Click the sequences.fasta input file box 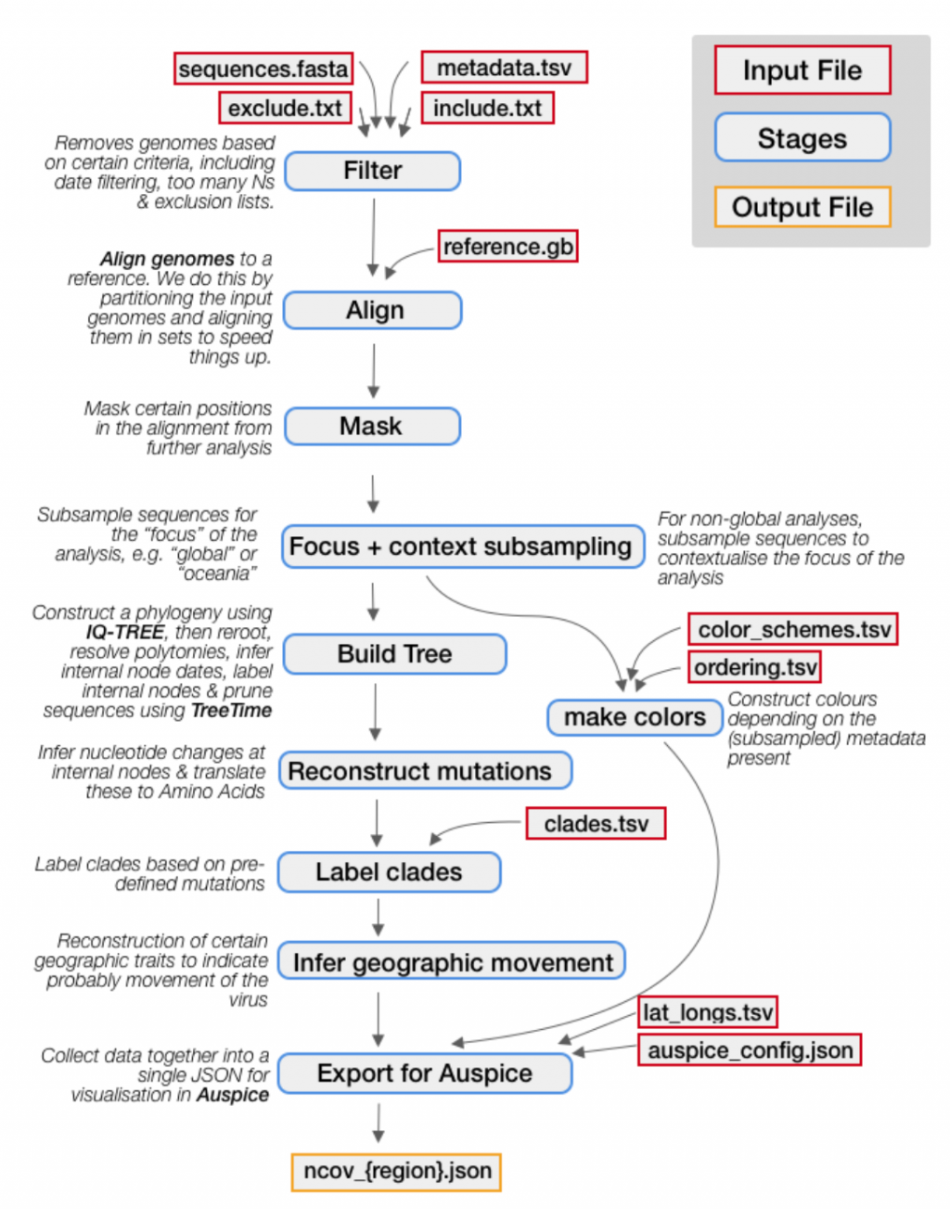coord(263,70)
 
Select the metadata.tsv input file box coord(504,68)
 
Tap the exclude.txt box coord(285,109)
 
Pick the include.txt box coord(487,109)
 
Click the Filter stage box coord(372,171)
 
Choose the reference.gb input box coord(507,247)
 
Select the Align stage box coord(373,310)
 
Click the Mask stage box coord(371,426)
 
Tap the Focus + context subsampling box coord(461,547)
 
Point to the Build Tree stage coord(394,654)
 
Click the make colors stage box coord(635,717)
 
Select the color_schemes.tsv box coord(793,630)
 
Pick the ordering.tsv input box coord(755,667)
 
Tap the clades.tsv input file coord(596,824)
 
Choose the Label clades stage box coord(389,872)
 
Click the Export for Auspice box coord(425,1074)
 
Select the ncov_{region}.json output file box coord(397,1171)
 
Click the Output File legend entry coord(802,207)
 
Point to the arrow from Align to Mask coord(373,370)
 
